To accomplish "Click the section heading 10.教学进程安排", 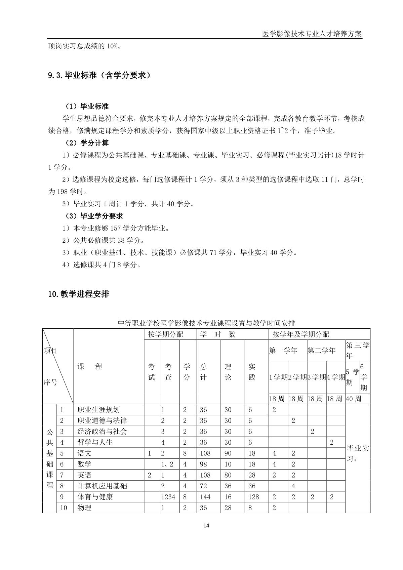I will pyautogui.click(x=79, y=294).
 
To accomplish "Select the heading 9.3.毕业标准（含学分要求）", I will pyautogui.click(x=99, y=75).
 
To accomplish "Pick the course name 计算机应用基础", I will pyautogui.click(x=102, y=486).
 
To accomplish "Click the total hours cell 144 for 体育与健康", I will pyautogui.click(x=205, y=497).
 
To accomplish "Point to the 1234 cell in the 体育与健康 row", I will pyautogui.click(x=168, y=497).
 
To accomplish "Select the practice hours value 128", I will pyautogui.click(x=254, y=497).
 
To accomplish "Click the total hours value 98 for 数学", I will pyautogui.click(x=203, y=464).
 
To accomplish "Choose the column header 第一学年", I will pyautogui.click(x=283, y=351).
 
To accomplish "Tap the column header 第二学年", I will pyautogui.click(x=321, y=351).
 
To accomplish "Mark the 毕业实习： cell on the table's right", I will pyautogui.click(x=358, y=453).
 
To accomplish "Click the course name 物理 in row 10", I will pyautogui.click(x=84, y=507).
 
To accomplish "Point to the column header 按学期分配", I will pyautogui.click(x=166, y=334).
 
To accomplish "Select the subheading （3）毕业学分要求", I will pyautogui.click(x=94, y=216).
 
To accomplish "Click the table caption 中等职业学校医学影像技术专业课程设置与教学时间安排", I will pyautogui.click(x=206, y=323).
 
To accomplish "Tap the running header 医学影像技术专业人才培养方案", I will pyautogui.click(x=312, y=34).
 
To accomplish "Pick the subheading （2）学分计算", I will pyautogui.click(x=87, y=143).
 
